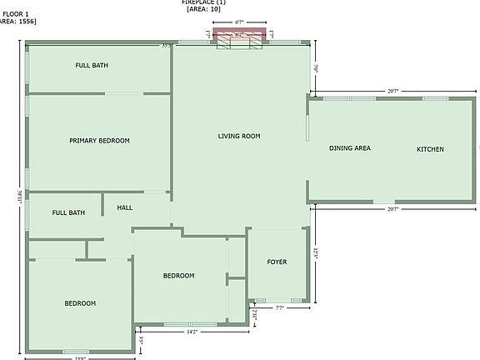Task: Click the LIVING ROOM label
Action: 239,136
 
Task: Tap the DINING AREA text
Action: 349,148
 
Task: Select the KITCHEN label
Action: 430,149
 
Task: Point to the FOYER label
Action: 277,262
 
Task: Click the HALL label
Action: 124,207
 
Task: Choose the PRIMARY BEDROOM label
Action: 99,141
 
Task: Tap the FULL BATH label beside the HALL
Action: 68,212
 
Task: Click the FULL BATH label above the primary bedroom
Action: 92,65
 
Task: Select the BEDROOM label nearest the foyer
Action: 178,276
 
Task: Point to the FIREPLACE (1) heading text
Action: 204,2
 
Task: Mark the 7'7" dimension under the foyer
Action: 280,307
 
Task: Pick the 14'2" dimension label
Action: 192,332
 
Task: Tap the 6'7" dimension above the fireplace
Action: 240,22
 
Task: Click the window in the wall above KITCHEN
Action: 435,98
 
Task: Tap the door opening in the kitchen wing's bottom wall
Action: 383,202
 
